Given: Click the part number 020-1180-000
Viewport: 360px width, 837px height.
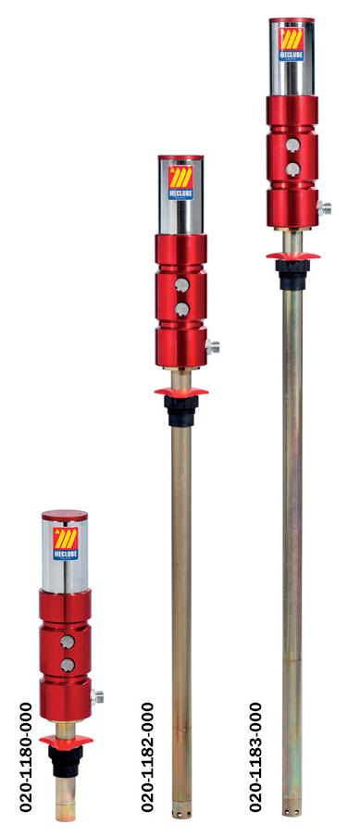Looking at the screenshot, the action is click(x=26, y=757).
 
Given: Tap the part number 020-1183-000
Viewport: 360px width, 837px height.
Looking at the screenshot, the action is click(x=256, y=757).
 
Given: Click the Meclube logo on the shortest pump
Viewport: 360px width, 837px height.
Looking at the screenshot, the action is click(x=66, y=543).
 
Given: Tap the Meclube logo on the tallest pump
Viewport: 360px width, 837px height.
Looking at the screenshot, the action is click(x=292, y=44).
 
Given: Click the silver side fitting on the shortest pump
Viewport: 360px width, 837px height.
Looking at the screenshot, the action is click(x=97, y=696).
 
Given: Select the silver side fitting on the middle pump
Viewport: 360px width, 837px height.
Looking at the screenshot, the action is click(x=213, y=346).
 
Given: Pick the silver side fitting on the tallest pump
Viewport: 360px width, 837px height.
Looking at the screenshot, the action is click(x=324, y=207).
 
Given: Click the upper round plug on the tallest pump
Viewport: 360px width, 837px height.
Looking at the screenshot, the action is click(x=292, y=144).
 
